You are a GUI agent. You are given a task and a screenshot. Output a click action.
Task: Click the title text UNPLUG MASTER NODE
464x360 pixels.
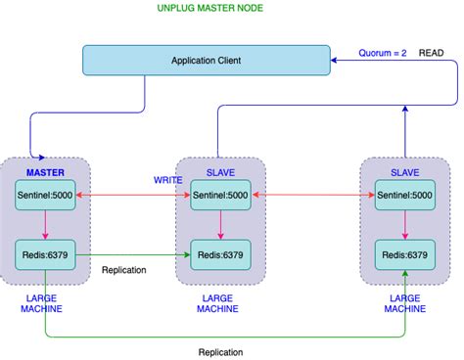coord(209,9)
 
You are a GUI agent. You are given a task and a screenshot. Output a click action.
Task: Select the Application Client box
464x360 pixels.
coord(206,61)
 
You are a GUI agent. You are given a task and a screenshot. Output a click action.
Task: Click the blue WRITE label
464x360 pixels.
coord(167,181)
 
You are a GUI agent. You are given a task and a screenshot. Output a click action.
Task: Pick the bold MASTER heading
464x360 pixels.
coord(45,173)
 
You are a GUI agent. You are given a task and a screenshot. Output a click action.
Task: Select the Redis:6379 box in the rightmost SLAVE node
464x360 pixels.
coord(404,254)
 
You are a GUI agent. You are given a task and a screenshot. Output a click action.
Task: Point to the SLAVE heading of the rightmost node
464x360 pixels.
coord(404,173)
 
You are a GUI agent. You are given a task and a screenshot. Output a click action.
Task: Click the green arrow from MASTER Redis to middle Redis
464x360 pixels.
coord(132,254)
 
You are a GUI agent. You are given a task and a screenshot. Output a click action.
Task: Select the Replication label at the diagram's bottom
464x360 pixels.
coord(220,352)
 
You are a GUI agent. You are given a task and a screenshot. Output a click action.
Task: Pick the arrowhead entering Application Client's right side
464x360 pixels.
coord(336,61)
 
